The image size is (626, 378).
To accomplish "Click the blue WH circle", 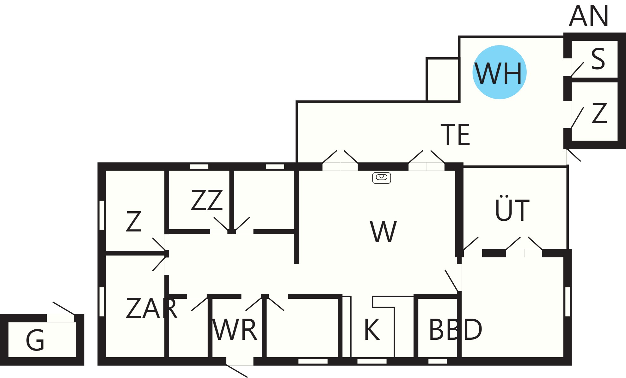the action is click(x=500, y=72).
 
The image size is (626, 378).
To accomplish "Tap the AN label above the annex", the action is click(x=589, y=16).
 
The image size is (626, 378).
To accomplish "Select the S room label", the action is click(x=598, y=59).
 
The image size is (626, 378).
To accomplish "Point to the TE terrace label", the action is click(x=455, y=135).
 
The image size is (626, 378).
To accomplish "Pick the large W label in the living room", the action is click(x=383, y=231).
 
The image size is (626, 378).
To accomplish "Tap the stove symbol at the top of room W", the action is click(x=382, y=178).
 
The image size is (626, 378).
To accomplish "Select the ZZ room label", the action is click(x=207, y=200).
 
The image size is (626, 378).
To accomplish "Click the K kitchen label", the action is click(x=372, y=329).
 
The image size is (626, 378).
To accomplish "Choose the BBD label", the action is click(x=456, y=329).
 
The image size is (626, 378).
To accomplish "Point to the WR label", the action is click(x=235, y=329).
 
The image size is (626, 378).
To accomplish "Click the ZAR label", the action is click(x=151, y=308).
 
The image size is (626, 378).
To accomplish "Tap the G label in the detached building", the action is click(x=35, y=340).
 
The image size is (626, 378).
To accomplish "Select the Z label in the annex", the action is click(x=599, y=113).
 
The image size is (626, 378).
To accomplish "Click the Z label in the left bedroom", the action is click(x=133, y=221).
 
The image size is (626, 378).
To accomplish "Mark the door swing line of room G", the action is click(x=64, y=308).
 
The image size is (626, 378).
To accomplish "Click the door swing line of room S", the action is click(x=577, y=69).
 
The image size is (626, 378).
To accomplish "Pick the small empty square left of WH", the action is click(x=443, y=80).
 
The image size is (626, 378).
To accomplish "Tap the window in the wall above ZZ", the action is click(x=199, y=166).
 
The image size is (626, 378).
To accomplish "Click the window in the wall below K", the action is click(x=372, y=361).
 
